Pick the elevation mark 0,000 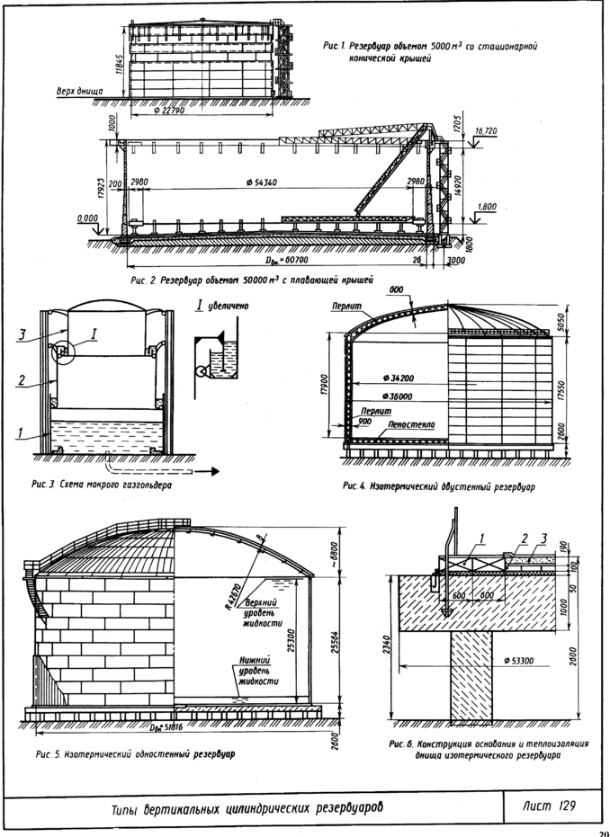(88, 218)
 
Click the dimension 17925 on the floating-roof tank (107, 190)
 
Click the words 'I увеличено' (224, 306)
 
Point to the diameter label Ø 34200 (392, 375)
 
